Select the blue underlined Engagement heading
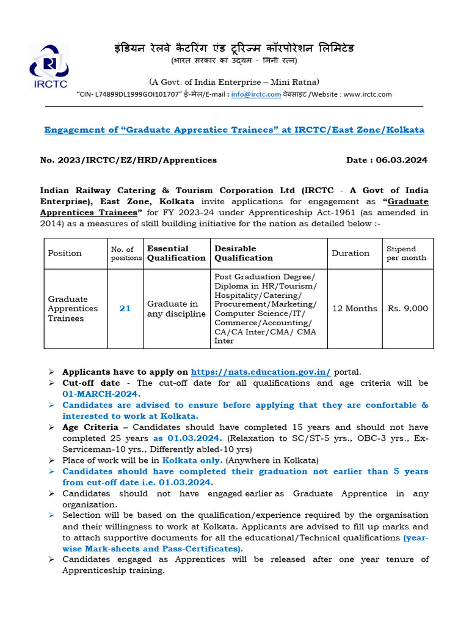234,130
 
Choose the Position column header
65,253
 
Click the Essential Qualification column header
176,253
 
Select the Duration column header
351,253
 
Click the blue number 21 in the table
125,309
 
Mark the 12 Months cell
355,309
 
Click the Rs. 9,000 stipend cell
408,309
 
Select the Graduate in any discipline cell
176,309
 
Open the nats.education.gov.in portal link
261,372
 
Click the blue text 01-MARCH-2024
101,394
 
